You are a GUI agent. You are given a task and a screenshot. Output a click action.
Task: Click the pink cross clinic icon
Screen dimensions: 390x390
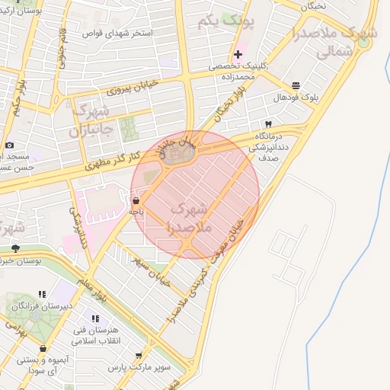238,54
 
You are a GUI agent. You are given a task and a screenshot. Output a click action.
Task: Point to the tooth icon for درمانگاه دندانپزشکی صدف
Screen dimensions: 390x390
268,123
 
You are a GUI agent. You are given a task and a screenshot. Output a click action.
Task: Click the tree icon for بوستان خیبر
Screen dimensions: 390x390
15,248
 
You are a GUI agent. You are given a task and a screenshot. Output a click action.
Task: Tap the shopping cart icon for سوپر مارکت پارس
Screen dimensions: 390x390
138,355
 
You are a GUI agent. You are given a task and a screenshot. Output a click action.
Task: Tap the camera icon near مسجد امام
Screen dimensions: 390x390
9,145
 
